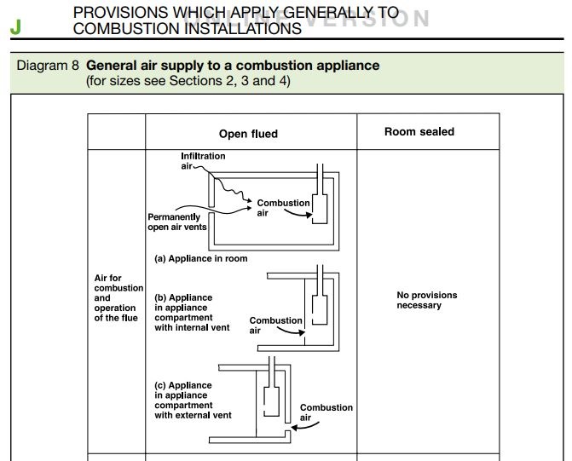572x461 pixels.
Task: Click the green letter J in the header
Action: [x=15, y=27]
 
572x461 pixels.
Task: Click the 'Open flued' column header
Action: [x=248, y=134]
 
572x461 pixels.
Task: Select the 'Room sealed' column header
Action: [x=419, y=132]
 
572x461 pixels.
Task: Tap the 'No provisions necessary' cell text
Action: [x=426, y=300]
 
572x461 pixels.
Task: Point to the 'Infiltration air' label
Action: [x=202, y=161]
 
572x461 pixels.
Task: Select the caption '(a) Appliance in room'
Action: [x=200, y=258]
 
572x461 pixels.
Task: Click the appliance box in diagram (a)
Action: [x=322, y=208]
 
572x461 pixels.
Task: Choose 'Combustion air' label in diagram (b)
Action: [x=275, y=326]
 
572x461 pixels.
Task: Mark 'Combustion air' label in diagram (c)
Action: [x=326, y=412]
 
